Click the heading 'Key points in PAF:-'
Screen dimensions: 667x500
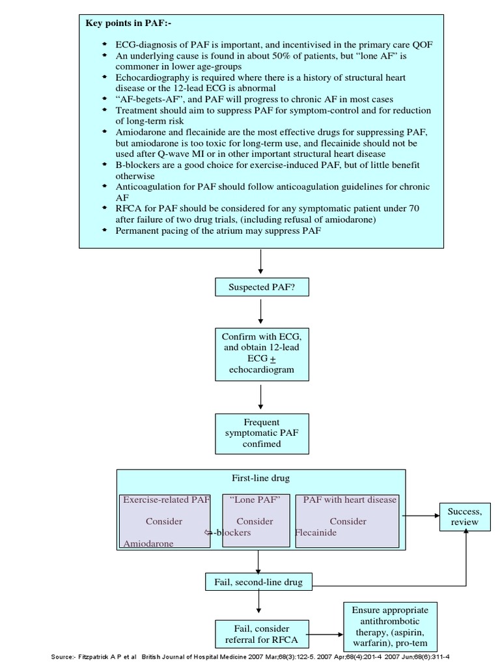(125, 23)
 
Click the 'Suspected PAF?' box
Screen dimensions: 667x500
(260, 287)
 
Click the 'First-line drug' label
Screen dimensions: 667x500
(260, 478)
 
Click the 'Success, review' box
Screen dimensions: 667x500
(464, 517)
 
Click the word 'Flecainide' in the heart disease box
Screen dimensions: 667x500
(317, 532)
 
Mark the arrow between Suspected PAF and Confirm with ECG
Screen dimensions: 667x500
(260, 311)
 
